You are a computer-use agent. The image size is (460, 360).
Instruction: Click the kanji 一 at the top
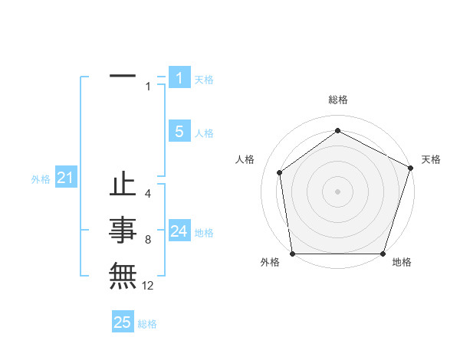click(123, 77)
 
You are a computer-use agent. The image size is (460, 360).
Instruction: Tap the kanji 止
click(123, 186)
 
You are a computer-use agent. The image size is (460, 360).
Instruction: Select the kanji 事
click(123, 230)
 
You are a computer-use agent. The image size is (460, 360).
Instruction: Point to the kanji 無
click(123, 275)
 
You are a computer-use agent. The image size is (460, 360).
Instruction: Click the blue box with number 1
click(179, 78)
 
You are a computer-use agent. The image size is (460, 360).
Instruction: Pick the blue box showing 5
click(179, 132)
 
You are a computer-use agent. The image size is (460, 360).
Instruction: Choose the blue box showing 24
click(179, 231)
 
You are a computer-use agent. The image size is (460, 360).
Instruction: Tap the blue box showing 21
click(65, 178)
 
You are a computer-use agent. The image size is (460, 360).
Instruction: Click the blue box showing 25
click(123, 322)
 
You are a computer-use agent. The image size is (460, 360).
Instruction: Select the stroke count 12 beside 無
click(148, 286)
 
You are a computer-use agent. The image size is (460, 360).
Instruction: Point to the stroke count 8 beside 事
click(147, 241)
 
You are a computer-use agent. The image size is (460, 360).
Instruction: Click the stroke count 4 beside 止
click(147, 194)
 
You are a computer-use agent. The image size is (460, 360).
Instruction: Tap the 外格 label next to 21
click(41, 179)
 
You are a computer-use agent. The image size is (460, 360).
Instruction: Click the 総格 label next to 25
click(147, 324)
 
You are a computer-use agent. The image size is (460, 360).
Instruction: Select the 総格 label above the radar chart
click(338, 100)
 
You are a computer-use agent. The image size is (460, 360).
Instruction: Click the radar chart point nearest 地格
click(383, 254)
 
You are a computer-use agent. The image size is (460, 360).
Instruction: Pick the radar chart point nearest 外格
click(292, 254)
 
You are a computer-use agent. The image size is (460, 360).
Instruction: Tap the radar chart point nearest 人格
click(280, 172)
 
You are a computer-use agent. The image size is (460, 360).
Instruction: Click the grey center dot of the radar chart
click(337, 191)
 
